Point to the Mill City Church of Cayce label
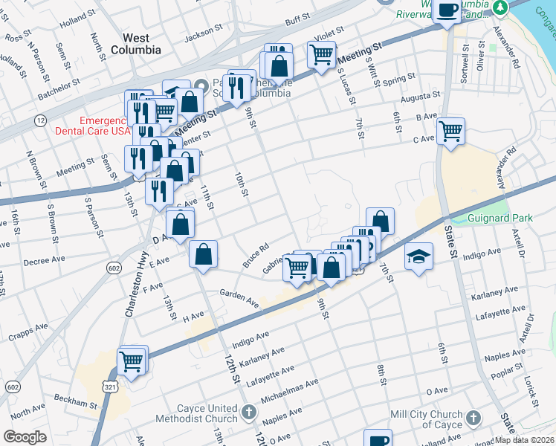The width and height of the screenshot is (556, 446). point(466,419)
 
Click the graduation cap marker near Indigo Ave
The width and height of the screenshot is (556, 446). point(418,256)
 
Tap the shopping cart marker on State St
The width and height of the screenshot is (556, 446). point(450,131)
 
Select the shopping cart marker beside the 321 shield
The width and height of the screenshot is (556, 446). point(132,361)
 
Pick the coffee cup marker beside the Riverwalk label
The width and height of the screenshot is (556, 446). point(447,10)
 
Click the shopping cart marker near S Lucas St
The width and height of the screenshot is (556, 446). point(321,54)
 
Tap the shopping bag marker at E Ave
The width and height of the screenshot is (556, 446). point(203,254)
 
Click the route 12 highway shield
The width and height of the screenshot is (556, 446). point(40,120)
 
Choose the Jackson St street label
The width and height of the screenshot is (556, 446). point(203,33)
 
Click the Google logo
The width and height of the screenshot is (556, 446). point(25,437)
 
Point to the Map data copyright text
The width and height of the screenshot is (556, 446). point(524,440)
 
